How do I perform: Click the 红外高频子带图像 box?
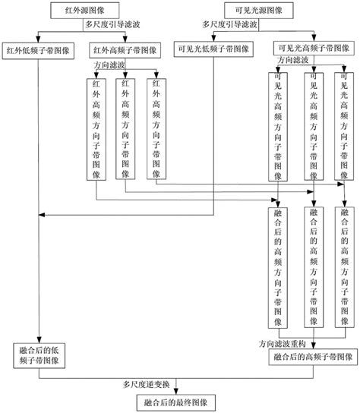click(125, 52)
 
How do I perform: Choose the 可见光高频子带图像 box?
click(314, 48)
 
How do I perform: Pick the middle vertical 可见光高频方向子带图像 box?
click(314, 125)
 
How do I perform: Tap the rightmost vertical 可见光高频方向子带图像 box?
click(346, 125)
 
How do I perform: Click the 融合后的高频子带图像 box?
click(314, 356)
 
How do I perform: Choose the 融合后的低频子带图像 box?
click(40, 356)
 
